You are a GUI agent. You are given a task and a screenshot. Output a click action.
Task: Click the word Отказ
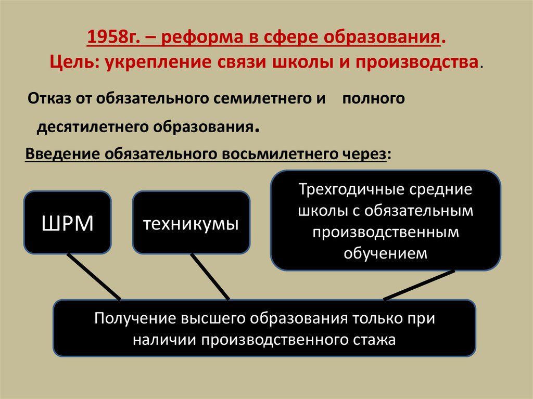coord(49,98)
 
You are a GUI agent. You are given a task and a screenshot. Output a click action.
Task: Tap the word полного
coord(373,98)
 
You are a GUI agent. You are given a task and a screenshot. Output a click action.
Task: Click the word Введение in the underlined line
coord(62,154)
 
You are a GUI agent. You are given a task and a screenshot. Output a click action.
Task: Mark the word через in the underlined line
coord(364,154)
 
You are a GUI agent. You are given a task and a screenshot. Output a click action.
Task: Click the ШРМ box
coord(68,223)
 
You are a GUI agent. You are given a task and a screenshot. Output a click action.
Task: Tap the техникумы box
coord(191,223)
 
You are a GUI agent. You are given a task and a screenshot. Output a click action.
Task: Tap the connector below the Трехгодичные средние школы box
coord(420,285)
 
